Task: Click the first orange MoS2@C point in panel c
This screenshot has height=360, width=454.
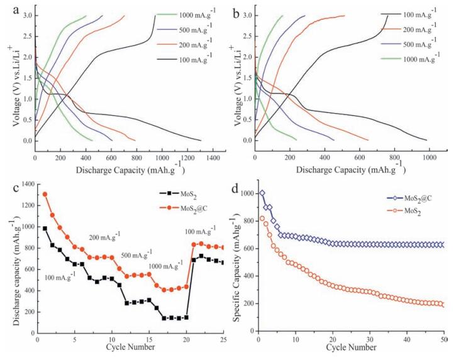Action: click(45, 194)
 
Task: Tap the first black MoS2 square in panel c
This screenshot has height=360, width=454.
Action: click(45, 229)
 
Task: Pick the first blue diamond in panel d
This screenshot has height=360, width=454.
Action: click(262, 193)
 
